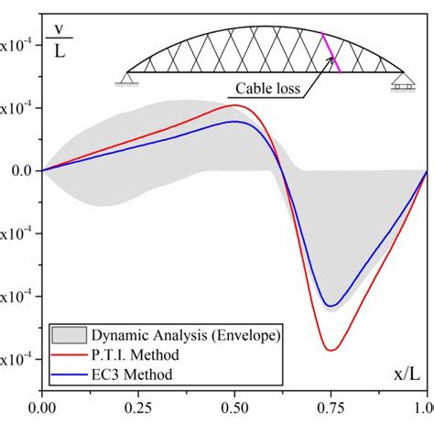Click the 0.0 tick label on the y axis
click(x=19, y=170)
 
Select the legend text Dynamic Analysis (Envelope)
click(x=184, y=334)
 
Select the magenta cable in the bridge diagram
click(x=331, y=53)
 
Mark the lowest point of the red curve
click(x=331, y=350)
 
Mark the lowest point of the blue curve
click(x=333, y=306)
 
